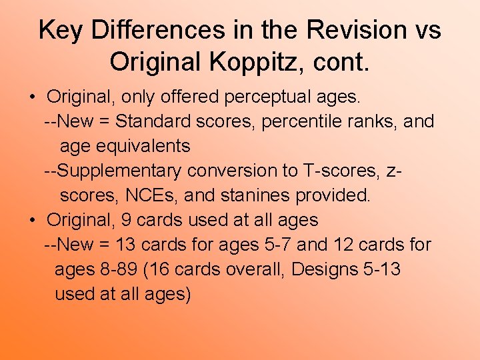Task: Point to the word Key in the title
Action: point(60,30)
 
